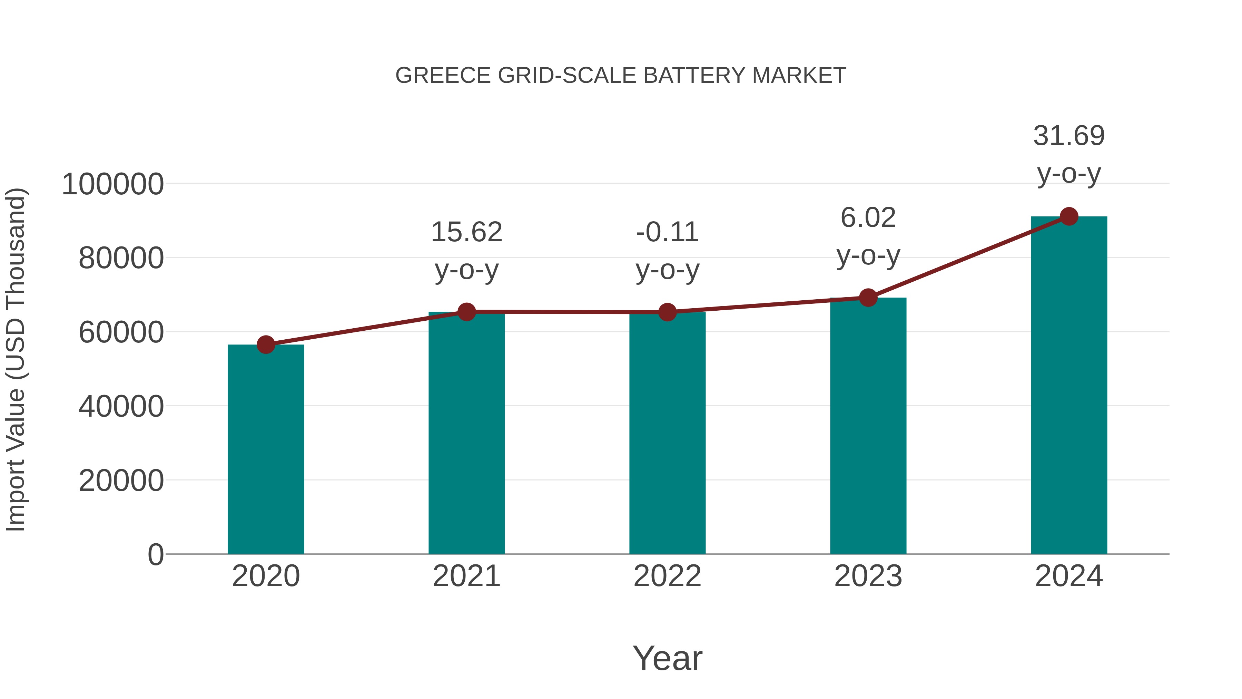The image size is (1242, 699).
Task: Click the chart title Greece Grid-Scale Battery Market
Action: pyautogui.click(x=621, y=76)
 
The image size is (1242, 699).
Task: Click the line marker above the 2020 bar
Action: pyautogui.click(x=266, y=344)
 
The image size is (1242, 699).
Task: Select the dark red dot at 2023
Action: pyautogui.click(x=868, y=298)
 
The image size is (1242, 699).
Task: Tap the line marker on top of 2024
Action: pyautogui.click(x=1069, y=216)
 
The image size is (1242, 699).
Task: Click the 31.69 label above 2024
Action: pyautogui.click(x=1069, y=154)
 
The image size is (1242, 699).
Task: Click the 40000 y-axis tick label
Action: pyautogui.click(x=121, y=406)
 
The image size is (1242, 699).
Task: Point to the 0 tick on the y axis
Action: pyautogui.click(x=155, y=554)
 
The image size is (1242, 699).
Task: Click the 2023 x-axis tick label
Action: pyautogui.click(x=868, y=576)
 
